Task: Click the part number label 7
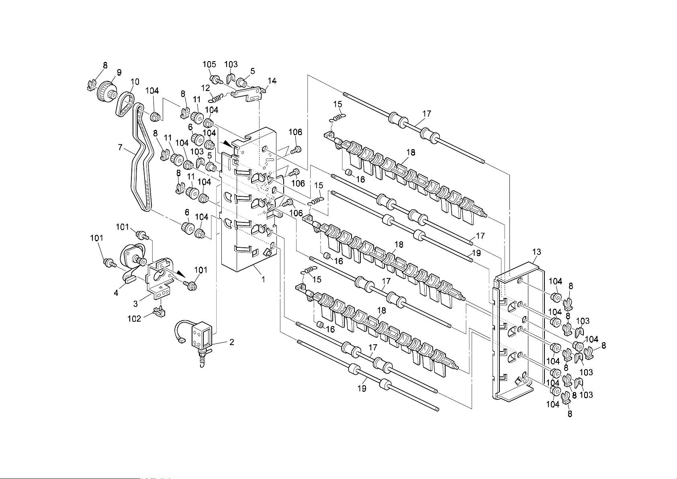(120, 148)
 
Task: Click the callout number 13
(537, 252)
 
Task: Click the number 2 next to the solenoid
(232, 342)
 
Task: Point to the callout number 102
(134, 319)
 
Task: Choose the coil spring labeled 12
(217, 98)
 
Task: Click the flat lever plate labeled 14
(249, 94)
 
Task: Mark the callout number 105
(209, 64)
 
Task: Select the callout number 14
(272, 81)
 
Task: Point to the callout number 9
(119, 72)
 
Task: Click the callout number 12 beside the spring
(205, 88)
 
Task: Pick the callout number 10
(135, 82)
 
